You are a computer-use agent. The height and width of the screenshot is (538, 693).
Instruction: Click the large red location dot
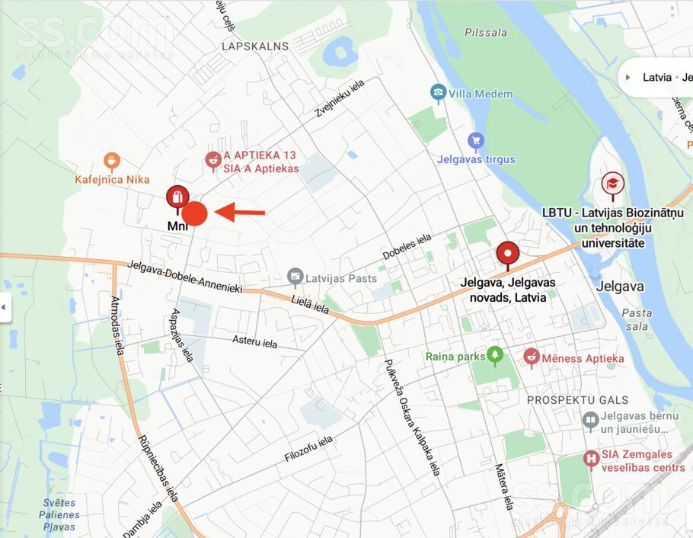click(194, 213)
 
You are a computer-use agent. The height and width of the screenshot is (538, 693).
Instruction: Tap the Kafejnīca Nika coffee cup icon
click(112, 161)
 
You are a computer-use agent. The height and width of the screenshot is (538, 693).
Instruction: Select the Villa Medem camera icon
click(438, 93)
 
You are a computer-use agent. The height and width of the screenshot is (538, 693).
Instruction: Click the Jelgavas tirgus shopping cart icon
click(476, 141)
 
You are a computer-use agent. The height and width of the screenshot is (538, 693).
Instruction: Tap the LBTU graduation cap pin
click(612, 184)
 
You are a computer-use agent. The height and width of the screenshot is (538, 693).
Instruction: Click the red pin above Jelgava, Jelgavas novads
click(507, 254)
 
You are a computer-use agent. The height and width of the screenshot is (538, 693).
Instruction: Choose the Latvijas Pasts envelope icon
click(295, 277)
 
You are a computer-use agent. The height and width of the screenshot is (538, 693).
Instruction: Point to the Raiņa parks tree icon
click(496, 354)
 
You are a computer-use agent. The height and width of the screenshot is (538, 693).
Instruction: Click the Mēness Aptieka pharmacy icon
click(532, 357)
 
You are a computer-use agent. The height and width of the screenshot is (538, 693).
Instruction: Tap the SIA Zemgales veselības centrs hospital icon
click(590, 459)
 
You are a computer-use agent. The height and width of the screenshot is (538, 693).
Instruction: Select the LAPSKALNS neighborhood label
click(255, 46)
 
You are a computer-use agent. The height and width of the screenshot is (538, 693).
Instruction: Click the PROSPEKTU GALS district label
click(578, 399)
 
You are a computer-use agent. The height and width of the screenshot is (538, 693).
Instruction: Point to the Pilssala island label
click(485, 33)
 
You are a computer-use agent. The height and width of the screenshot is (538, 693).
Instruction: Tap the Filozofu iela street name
click(308, 449)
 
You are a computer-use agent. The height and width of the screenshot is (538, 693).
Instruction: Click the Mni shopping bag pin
click(177, 198)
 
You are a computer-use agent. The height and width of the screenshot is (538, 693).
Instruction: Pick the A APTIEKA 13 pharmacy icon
click(213, 160)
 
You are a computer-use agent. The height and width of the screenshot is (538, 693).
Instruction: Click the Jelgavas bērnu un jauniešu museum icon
click(590, 418)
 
